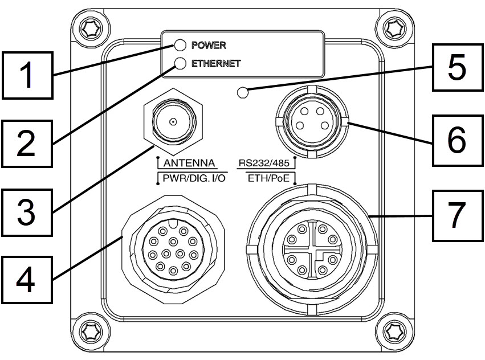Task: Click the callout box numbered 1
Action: click(x=27, y=75)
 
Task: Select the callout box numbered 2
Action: click(x=27, y=144)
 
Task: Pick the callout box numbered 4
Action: click(x=27, y=280)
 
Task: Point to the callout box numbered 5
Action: click(x=458, y=67)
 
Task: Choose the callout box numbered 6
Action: click(x=458, y=141)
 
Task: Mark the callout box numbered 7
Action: click(x=458, y=215)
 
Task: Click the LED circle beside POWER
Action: click(x=180, y=45)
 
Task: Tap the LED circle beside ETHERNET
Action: click(x=180, y=63)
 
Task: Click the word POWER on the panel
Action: click(x=209, y=45)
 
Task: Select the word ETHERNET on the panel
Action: click(x=216, y=63)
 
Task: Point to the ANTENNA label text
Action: click(x=189, y=163)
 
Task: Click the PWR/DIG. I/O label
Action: click(x=194, y=178)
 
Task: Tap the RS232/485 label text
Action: click(x=264, y=163)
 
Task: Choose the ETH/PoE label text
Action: click(x=268, y=178)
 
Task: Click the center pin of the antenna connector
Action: click(x=173, y=121)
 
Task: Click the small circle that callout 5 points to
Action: click(x=243, y=92)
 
